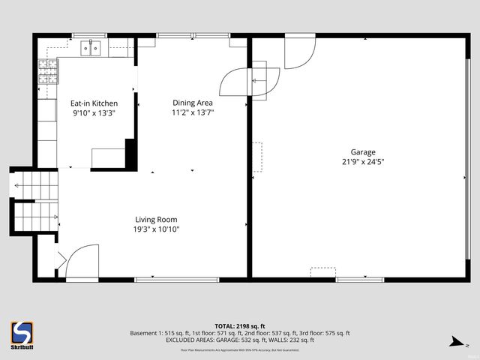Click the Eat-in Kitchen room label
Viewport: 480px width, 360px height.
point(94,103)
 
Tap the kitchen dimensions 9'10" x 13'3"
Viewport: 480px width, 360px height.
point(94,113)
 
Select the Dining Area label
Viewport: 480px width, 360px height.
point(193,103)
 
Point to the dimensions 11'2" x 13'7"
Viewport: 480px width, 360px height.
point(193,113)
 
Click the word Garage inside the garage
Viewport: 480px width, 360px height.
point(363,151)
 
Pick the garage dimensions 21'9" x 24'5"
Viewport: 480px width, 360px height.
point(363,161)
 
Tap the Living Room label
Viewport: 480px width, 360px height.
point(156,220)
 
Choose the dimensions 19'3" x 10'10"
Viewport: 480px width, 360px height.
point(156,229)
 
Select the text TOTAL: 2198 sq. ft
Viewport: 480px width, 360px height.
point(240,325)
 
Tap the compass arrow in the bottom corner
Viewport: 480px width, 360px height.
point(454,342)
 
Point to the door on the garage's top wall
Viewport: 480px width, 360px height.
point(299,49)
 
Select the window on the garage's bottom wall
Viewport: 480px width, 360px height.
point(361,280)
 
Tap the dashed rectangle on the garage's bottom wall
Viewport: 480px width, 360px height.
point(322,271)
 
